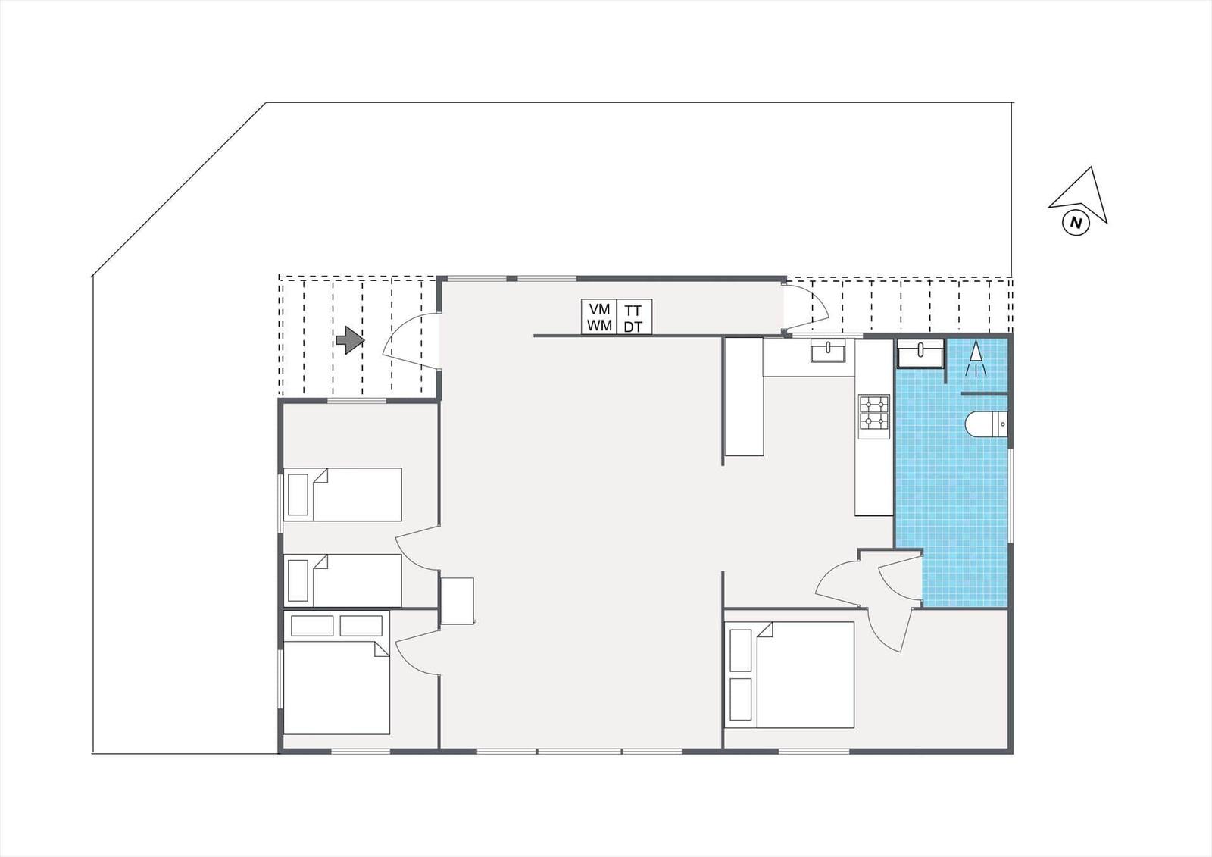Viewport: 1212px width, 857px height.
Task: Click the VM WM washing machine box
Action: [599, 317]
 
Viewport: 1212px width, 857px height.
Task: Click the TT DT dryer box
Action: [634, 317]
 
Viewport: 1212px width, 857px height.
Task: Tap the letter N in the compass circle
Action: [1076, 223]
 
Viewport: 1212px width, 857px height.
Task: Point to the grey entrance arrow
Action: [350, 340]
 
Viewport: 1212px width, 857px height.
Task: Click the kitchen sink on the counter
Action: [828, 350]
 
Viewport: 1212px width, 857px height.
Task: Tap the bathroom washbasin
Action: [920, 354]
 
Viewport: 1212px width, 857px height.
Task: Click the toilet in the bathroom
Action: [987, 424]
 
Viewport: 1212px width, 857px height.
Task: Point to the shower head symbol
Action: [976, 358]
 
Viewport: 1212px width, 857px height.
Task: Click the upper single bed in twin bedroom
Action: [342, 494]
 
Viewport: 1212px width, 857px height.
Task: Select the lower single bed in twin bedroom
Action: [342, 580]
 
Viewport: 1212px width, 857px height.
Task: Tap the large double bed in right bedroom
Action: [789, 674]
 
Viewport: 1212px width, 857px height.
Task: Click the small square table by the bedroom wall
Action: [458, 602]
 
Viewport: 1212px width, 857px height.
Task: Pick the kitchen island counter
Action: [744, 396]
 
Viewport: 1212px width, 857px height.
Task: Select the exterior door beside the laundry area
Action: [806, 307]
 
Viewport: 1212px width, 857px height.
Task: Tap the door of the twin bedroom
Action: [417, 547]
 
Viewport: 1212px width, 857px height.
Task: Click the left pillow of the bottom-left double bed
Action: [312, 626]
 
